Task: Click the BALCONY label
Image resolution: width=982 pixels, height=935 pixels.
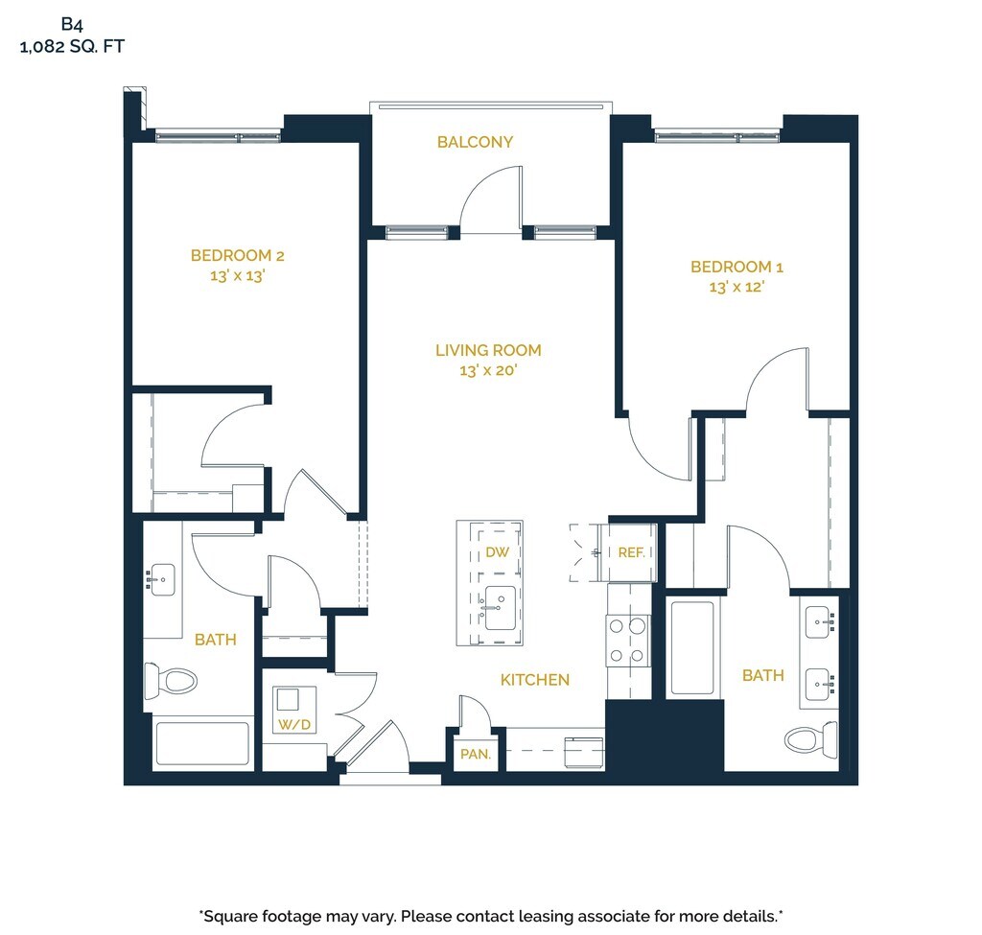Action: (x=475, y=142)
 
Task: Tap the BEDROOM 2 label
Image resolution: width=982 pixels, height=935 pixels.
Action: (x=238, y=255)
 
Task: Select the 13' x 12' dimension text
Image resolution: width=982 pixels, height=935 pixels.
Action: (x=736, y=287)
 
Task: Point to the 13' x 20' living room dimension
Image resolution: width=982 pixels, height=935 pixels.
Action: (x=488, y=370)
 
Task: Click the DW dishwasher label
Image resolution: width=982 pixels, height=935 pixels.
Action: (x=498, y=551)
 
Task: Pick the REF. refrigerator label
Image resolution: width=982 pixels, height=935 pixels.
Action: (x=631, y=552)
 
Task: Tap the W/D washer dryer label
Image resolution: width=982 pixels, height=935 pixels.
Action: (x=294, y=725)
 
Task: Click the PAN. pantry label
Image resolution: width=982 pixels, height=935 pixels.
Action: (x=476, y=754)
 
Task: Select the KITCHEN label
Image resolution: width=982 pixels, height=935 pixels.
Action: (x=535, y=680)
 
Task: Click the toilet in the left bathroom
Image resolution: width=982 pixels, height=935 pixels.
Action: (x=171, y=681)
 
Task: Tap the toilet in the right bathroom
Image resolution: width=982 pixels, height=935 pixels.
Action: (x=811, y=739)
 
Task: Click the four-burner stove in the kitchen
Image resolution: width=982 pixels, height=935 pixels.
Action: (x=627, y=640)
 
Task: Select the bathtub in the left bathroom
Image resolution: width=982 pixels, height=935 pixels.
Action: (x=202, y=743)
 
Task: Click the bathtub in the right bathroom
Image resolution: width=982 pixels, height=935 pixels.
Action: (x=692, y=648)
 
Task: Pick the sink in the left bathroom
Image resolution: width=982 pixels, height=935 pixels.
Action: (x=161, y=580)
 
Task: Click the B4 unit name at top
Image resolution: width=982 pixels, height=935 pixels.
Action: (x=72, y=24)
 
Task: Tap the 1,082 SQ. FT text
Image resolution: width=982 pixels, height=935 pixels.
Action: (x=72, y=46)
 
